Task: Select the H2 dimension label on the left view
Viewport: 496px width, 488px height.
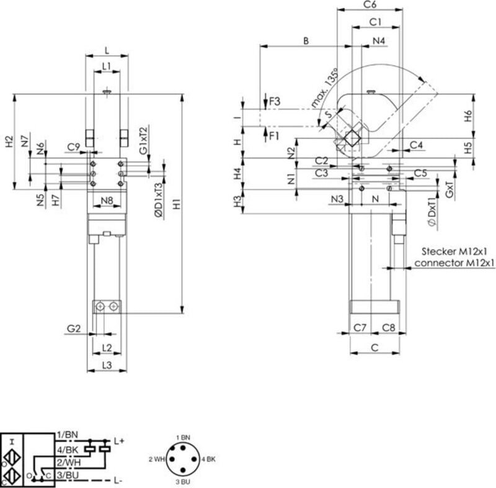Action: click(9, 142)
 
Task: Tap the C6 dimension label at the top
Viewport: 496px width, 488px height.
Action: click(370, 5)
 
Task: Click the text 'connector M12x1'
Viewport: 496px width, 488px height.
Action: click(454, 263)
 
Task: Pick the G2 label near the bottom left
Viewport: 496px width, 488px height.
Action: click(74, 328)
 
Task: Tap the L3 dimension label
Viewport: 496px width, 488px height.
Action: click(106, 366)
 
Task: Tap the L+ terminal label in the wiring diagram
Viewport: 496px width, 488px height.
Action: click(120, 440)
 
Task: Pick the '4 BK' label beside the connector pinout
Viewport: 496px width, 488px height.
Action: click(208, 459)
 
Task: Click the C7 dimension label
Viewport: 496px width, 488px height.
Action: click(360, 327)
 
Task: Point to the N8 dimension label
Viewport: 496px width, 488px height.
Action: click(106, 201)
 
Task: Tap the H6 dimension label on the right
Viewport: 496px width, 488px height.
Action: click(469, 115)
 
